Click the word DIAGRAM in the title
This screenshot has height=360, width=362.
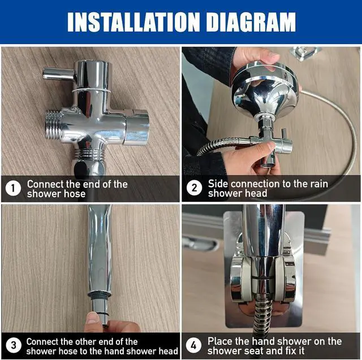(251, 22)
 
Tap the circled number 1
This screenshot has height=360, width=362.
(13, 188)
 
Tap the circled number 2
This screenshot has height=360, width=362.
(194, 188)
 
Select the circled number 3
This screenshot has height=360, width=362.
(14, 345)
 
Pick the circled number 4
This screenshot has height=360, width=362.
(193, 345)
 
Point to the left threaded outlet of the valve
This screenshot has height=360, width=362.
(54, 125)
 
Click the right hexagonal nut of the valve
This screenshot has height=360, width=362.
(137, 127)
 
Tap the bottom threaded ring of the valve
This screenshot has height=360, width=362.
(89, 154)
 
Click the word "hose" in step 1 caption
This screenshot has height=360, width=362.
(75, 194)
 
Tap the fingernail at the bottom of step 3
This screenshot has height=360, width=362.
(92, 318)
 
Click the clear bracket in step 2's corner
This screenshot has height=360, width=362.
(305, 53)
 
